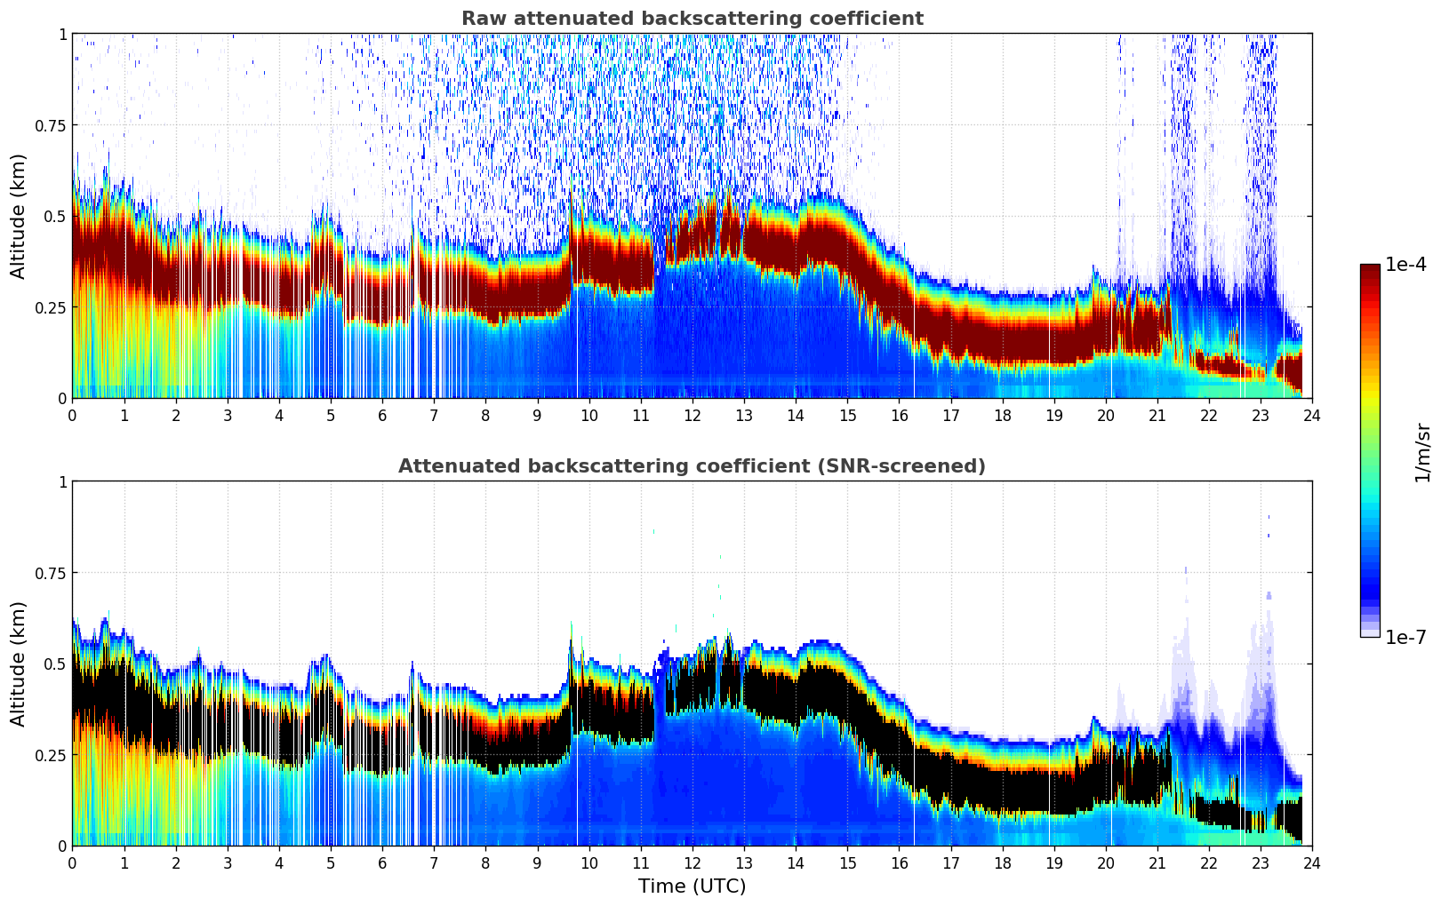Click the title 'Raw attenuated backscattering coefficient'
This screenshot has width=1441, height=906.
pos(692,19)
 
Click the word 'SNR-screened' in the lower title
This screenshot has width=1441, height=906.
pos(917,466)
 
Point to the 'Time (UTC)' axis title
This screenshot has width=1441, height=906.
pos(692,886)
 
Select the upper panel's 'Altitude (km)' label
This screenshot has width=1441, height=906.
pos(19,216)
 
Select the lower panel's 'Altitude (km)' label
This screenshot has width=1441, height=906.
pos(19,664)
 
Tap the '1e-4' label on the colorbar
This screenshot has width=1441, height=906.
pos(1405,265)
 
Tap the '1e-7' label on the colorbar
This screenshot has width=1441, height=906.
pos(1405,637)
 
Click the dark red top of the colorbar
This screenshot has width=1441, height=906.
pos(1369,270)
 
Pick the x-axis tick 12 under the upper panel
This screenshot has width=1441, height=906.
pos(692,415)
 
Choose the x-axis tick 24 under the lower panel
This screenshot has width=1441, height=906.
pos(1311,862)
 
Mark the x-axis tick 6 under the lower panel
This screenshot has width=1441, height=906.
pos(382,862)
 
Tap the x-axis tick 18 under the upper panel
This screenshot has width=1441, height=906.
pos(1002,415)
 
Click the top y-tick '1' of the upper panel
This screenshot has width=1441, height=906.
pos(62,34)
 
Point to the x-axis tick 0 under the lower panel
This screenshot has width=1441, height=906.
pos(73,862)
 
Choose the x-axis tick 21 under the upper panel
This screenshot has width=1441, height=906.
pos(1157,415)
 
